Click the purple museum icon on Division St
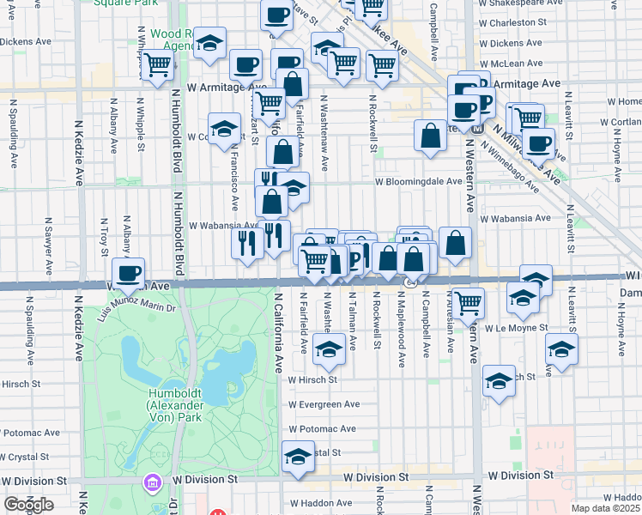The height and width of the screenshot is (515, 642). tap(153, 483)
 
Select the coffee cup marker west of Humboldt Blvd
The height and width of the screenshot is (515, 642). tap(128, 273)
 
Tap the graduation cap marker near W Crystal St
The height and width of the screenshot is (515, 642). tap(298, 455)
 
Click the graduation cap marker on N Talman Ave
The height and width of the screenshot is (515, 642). tap(328, 348)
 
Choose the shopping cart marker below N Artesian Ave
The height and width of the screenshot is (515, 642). tap(468, 301)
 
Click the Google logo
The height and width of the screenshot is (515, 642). tap(29, 505)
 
